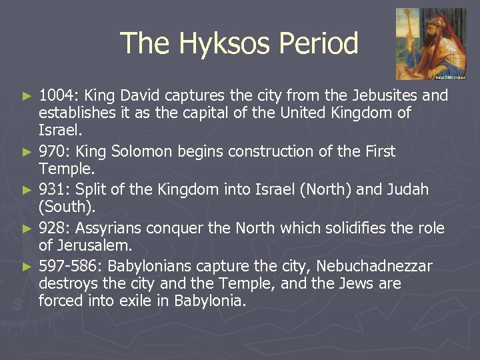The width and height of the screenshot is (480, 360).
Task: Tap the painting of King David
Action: click(430, 43)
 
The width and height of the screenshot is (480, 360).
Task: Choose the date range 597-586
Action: click(69, 267)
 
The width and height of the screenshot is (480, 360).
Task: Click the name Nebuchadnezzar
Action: click(374, 267)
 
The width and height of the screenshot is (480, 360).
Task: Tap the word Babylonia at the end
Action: click(209, 301)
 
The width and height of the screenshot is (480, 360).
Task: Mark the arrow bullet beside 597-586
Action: click(27, 267)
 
